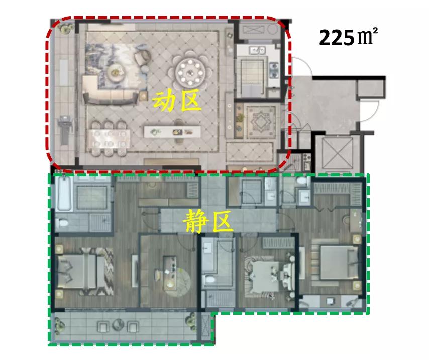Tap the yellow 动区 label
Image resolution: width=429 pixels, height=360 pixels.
pyautogui.click(x=176, y=101)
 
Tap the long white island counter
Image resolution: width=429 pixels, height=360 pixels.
pyautogui.click(x=172, y=131)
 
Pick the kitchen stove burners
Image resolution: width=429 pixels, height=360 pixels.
pyautogui.click(x=274, y=71)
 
